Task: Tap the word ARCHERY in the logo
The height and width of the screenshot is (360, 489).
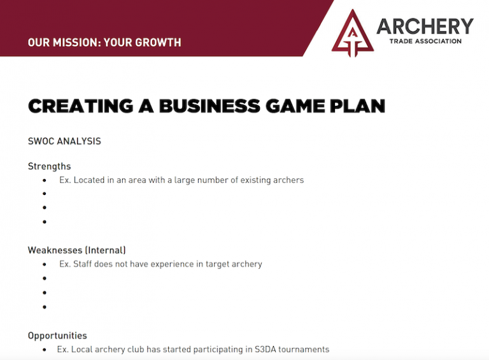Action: [425, 26]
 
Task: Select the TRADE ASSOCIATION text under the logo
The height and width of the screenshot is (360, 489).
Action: [425, 41]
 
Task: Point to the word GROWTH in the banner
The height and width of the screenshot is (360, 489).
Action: [158, 43]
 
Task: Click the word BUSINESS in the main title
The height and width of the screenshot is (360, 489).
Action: [209, 106]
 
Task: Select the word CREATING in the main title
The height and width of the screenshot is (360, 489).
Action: [81, 106]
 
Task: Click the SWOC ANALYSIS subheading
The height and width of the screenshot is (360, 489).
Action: [64, 141]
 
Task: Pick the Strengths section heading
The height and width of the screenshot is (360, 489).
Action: [49, 166]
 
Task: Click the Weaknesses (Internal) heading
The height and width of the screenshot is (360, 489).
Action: [76, 250]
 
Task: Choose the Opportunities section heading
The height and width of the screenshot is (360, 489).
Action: [57, 336]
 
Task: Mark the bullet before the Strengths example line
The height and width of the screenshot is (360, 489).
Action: [45, 180]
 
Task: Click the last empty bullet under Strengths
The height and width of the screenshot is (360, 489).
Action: [45, 222]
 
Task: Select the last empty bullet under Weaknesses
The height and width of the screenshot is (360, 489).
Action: [45, 307]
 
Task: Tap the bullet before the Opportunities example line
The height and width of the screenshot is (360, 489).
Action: [45, 350]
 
